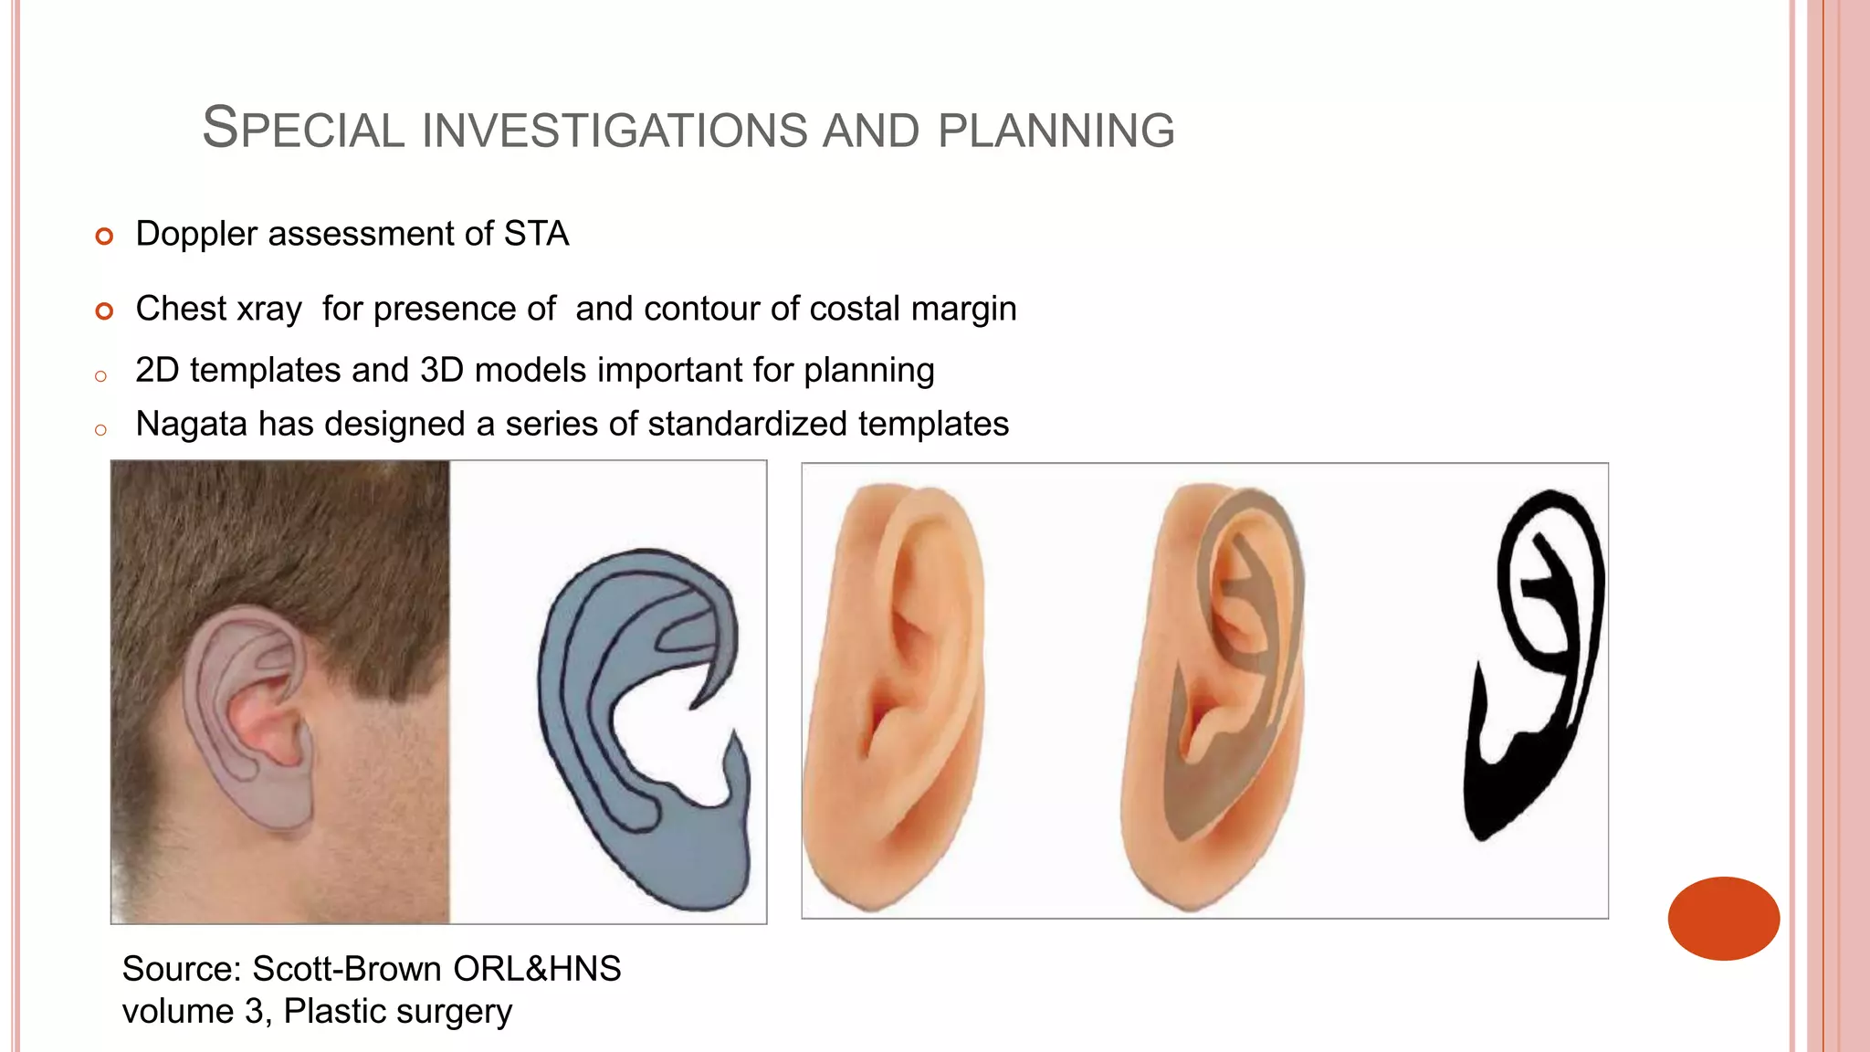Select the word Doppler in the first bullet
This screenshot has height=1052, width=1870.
pyautogui.click(x=196, y=235)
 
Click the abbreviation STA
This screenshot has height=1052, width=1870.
pyautogui.click(x=536, y=234)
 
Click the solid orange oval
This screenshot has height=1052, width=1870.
pyautogui.click(x=1723, y=918)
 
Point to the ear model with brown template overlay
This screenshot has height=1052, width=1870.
pyautogui.click(x=1214, y=694)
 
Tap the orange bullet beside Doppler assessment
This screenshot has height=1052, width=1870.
pyautogui.click(x=104, y=237)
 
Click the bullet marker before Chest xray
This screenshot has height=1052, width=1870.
pyautogui.click(x=104, y=311)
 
